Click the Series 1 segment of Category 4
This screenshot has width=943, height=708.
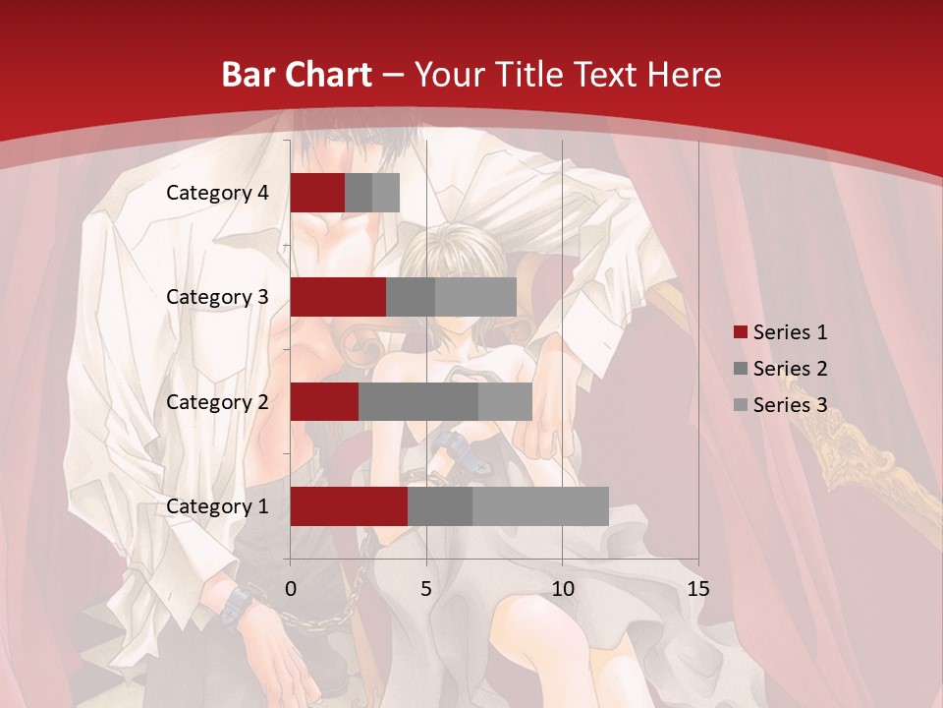(317, 193)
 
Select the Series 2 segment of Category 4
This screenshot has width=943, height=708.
(359, 193)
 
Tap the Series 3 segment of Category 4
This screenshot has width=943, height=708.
(386, 193)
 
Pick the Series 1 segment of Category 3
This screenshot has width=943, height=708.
(338, 297)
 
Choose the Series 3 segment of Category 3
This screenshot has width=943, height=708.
(475, 297)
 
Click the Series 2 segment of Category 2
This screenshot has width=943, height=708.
(418, 401)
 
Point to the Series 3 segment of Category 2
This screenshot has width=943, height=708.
(505, 401)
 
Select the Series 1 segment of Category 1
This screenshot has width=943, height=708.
(349, 506)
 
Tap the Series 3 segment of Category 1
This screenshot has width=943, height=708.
(540, 506)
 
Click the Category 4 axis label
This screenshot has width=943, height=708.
(217, 193)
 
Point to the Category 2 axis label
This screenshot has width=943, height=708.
(217, 401)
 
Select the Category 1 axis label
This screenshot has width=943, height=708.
(217, 506)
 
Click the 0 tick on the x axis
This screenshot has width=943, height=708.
(291, 589)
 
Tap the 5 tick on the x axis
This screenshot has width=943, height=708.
(426, 589)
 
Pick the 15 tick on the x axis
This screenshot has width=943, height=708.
(697, 589)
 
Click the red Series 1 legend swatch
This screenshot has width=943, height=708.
(740, 332)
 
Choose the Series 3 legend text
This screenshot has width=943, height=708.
(790, 405)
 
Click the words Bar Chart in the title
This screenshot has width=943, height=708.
(297, 75)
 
